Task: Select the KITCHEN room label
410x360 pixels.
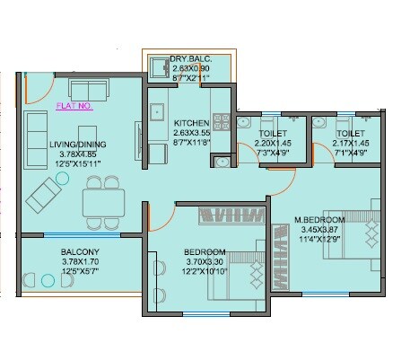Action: (192, 123)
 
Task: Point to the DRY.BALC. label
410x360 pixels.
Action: (190, 59)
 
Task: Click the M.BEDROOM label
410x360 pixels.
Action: (320, 220)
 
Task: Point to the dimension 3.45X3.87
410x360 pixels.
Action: (321, 230)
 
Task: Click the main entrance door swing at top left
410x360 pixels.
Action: (36, 85)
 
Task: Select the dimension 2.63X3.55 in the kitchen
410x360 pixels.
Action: (191, 133)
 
